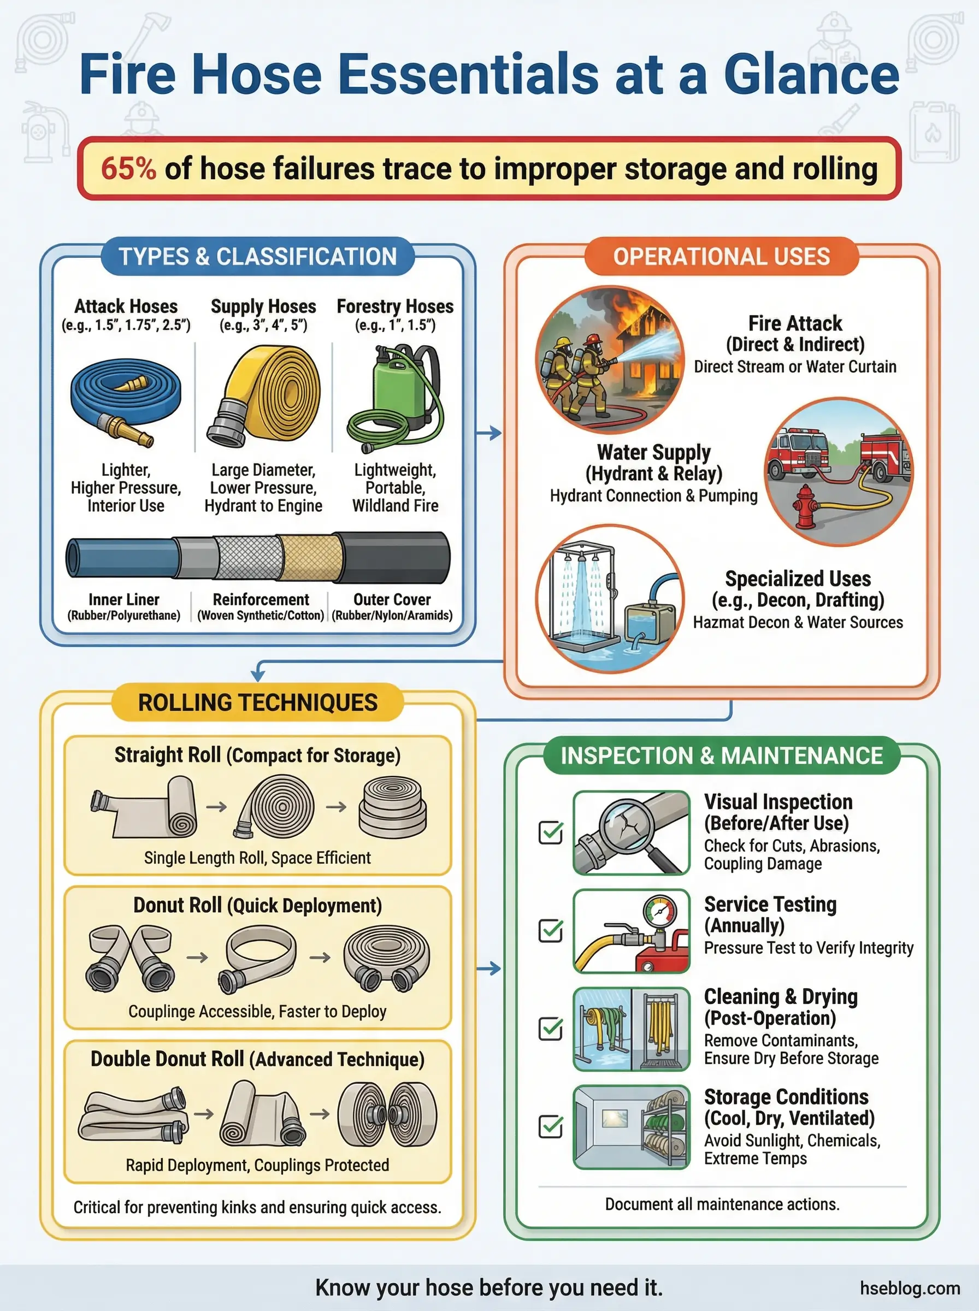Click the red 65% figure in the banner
coord(128,168)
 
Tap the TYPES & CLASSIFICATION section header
coord(258,257)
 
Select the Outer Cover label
coord(392,600)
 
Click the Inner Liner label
coord(124,600)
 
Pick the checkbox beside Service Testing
coord(551,931)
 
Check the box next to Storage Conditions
coord(551,1126)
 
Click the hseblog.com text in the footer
coord(910,1288)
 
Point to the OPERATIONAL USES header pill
coord(721,257)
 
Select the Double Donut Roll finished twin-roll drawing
coord(387,1114)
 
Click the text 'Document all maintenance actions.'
coord(722,1204)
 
